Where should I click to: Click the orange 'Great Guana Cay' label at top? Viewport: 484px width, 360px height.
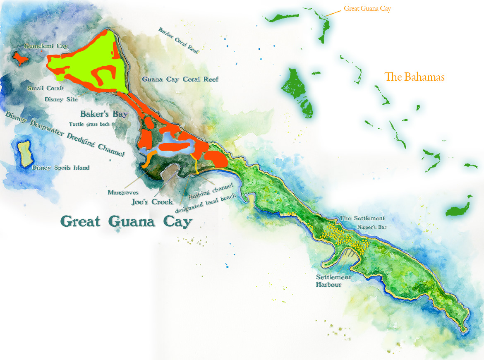coord(367,8)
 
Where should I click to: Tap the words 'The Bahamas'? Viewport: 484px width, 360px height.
coord(414,77)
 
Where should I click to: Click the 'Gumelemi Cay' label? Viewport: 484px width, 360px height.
coord(46,46)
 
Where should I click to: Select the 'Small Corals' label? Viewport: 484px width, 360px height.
coord(46,88)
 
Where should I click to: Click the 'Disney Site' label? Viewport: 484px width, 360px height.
coord(60,99)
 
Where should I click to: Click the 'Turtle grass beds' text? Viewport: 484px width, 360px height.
coord(89,124)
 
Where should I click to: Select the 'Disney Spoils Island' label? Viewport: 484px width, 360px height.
coord(60,168)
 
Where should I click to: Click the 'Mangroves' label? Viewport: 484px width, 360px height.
coord(122,192)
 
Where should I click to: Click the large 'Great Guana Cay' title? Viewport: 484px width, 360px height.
coord(127,221)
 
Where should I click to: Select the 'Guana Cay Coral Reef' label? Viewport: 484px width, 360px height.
coord(180,79)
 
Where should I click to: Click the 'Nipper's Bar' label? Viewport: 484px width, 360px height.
coord(372,227)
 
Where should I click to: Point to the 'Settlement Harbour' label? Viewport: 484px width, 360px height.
coord(333,281)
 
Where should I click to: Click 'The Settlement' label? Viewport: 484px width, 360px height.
coord(362,218)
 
